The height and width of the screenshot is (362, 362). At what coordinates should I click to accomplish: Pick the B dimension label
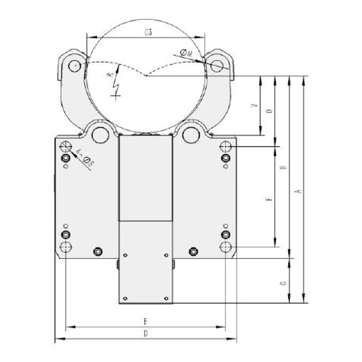[284, 168]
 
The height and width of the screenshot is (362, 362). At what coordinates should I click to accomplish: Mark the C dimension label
[284, 283]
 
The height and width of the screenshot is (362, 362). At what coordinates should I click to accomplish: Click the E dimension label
[145, 322]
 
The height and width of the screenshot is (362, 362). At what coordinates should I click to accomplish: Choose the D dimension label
[145, 333]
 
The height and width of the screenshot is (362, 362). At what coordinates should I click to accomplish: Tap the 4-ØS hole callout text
[85, 157]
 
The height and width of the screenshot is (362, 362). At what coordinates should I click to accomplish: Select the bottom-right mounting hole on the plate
[225, 247]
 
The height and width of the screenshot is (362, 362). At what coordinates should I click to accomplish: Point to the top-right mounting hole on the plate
[225, 146]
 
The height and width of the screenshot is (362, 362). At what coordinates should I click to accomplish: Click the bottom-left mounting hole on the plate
[66, 247]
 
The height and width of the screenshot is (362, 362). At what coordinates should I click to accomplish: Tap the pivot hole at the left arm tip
[74, 66]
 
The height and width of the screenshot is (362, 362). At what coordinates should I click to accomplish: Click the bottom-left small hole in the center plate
[125, 298]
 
